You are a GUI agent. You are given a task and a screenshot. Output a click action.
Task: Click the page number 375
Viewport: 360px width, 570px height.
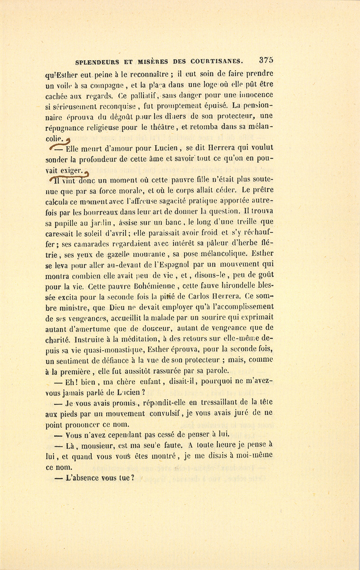tap(266, 60)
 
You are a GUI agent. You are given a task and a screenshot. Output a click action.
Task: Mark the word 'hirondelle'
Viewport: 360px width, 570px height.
tap(236, 286)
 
